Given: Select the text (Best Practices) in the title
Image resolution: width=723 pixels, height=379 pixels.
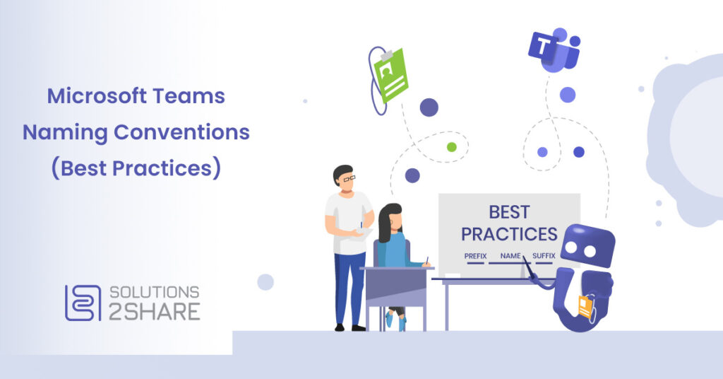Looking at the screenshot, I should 136,169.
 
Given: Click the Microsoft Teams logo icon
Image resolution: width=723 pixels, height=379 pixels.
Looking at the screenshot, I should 553,49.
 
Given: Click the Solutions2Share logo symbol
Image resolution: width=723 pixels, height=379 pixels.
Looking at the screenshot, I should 83,303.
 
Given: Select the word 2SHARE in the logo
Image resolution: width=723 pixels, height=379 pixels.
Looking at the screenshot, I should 154,312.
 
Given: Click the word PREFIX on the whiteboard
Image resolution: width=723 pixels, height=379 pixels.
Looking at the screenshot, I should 475,255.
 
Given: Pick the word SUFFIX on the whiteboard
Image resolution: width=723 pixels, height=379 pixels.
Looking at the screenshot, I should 544,255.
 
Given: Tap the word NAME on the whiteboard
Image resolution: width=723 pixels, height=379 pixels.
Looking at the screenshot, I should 510,255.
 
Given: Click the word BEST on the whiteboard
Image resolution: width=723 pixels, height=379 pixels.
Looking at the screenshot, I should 509,212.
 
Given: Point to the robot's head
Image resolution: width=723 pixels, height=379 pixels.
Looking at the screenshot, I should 586,247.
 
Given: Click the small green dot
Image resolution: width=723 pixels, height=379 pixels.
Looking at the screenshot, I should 452,146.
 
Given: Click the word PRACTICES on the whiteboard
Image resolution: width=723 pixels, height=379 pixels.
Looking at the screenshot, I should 509,234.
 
